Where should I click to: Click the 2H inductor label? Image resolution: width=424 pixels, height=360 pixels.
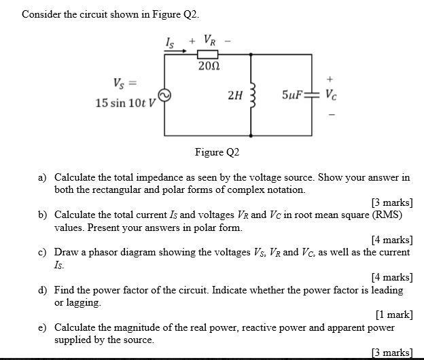tap(234, 96)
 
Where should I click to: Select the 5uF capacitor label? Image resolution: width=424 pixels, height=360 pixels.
tap(292, 96)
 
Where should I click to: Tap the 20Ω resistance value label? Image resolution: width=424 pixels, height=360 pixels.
tap(207, 67)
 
